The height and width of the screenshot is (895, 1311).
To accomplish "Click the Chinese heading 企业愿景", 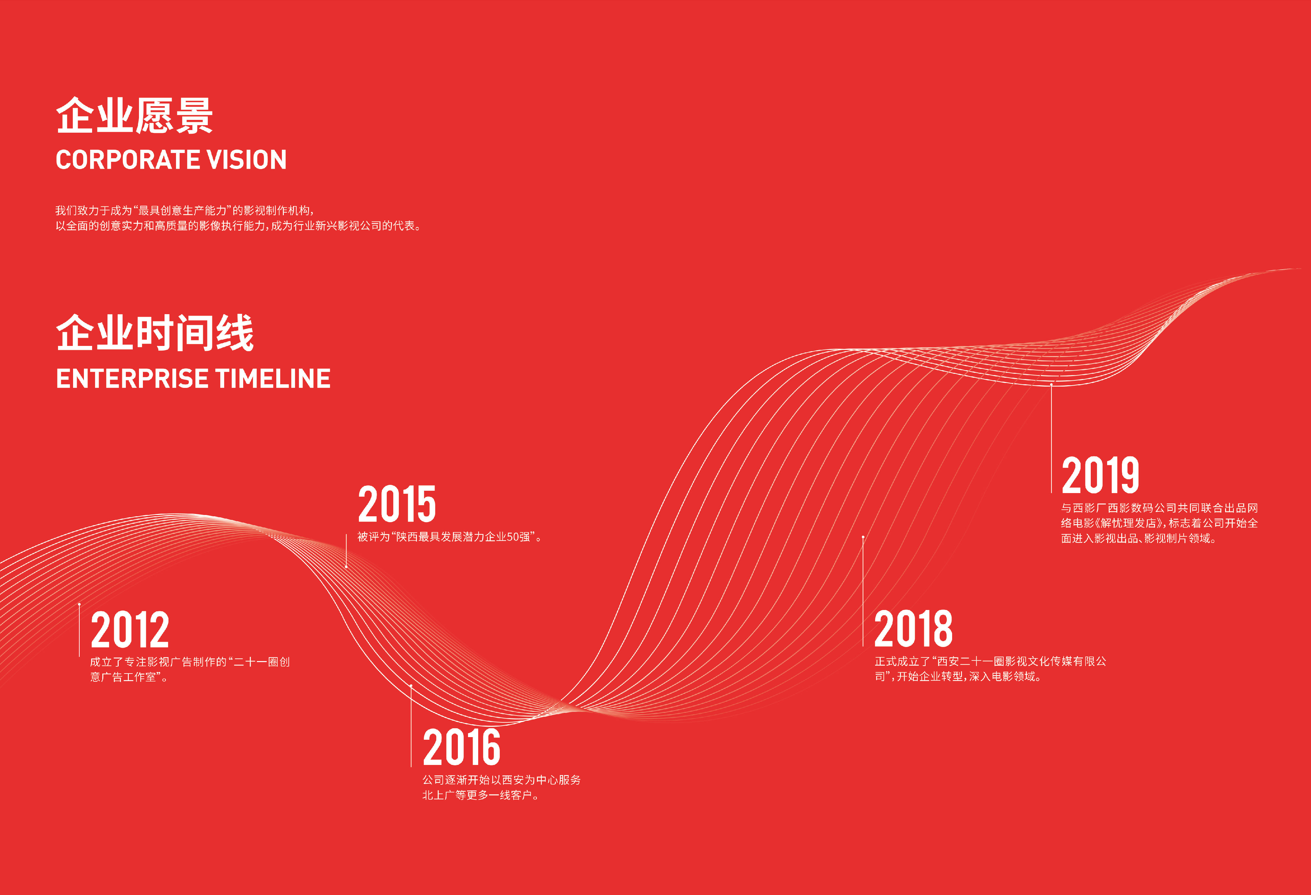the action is [134, 116].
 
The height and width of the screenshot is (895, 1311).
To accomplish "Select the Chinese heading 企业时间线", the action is [155, 333].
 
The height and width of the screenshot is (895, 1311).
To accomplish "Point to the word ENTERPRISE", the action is [132, 378].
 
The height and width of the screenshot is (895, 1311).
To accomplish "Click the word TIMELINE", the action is [273, 378].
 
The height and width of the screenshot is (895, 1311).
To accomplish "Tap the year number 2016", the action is [461, 746].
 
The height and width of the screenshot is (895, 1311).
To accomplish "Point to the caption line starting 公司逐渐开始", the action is [501, 780].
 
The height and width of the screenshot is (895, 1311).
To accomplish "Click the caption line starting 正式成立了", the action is [990, 661].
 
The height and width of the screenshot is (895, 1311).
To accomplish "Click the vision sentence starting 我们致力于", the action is [185, 210].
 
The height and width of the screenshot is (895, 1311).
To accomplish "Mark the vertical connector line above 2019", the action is [1051, 439].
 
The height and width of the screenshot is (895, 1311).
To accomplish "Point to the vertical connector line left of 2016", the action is [411, 726].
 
